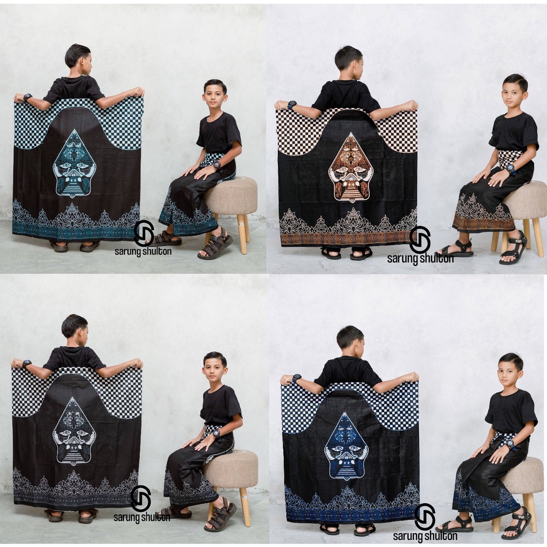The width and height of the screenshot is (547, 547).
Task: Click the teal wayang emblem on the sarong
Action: (x=74, y=163)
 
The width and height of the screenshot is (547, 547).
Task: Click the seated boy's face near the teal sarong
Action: (x=214, y=97)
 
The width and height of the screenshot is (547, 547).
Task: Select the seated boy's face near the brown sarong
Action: (x=513, y=94)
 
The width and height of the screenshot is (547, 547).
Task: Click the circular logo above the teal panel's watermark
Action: (x=144, y=233)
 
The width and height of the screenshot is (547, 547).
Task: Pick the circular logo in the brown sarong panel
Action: (x=420, y=240)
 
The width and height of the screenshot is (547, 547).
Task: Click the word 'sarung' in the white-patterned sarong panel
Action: (x=126, y=517)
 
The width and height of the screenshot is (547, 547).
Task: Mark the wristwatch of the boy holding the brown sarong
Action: (x=292, y=105)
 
